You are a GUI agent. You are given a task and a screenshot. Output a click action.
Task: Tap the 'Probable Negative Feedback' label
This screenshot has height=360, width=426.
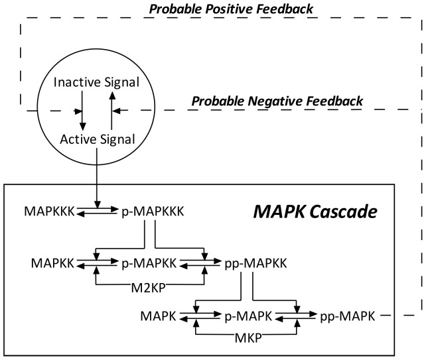tap(277, 101)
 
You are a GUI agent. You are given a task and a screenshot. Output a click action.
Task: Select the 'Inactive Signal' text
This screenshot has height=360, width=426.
tap(97, 84)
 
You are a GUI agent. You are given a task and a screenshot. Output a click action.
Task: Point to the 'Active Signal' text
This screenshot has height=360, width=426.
tap(98, 139)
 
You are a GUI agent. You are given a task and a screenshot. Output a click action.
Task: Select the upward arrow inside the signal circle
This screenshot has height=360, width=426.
tap(112, 110)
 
